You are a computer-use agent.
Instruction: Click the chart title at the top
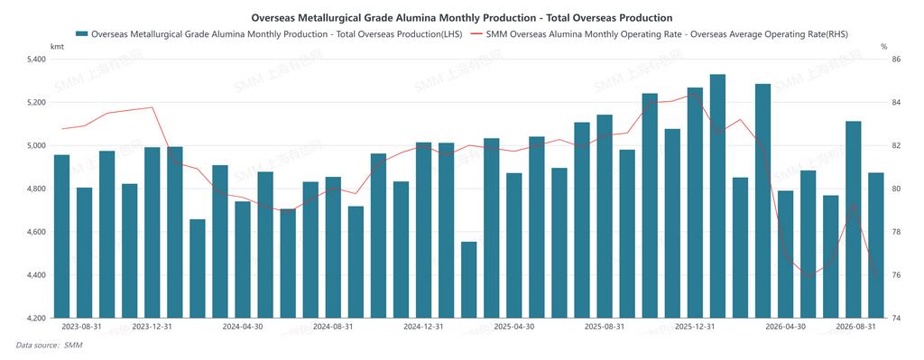462,18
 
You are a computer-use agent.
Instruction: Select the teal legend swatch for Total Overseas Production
82,33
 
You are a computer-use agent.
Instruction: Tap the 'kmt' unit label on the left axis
57,47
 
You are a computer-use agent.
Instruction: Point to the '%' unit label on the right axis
884,47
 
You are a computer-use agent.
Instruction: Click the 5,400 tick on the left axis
36,60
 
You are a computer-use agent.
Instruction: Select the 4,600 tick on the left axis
36,232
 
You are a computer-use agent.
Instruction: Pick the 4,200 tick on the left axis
36,318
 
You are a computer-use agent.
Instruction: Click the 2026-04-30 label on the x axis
786,326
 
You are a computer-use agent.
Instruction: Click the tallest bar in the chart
717,196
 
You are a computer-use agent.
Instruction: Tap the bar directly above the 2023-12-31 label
152,233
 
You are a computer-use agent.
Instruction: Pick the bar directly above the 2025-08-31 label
605,217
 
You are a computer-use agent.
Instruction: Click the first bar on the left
62,236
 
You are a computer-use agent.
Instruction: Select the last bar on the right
875,245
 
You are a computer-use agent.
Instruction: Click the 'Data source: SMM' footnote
49,346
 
